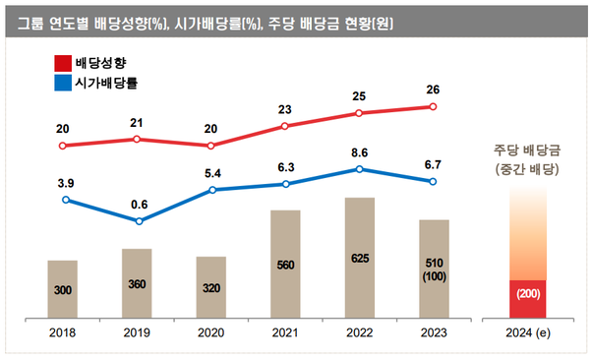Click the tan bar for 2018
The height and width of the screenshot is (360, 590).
coord(62,289)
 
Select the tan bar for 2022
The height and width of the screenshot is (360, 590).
coord(359,258)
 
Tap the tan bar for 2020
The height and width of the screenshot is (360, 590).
coord(210,287)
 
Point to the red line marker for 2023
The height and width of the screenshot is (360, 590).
coord(433,106)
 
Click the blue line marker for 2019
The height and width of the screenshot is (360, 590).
coord(139,221)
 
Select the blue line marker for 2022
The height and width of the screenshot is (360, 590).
coord(360,169)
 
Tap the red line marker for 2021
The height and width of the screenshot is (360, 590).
coord(285,126)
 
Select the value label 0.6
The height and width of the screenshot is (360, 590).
coord(139,205)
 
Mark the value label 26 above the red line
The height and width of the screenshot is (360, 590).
coord(434,90)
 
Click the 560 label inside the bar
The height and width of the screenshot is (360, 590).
coord(285,264)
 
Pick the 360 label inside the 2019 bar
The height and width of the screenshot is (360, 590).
coord(137,284)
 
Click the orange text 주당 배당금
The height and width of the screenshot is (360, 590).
coord(527,150)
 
